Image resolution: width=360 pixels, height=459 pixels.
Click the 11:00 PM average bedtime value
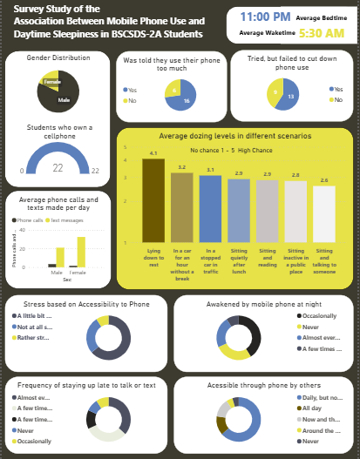[x=265, y=17]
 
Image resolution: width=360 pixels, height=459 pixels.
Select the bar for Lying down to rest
[x=153, y=200]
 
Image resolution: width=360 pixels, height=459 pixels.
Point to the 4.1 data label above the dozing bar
[x=153, y=153]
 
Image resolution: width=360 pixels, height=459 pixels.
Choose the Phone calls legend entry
[x=29, y=220]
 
